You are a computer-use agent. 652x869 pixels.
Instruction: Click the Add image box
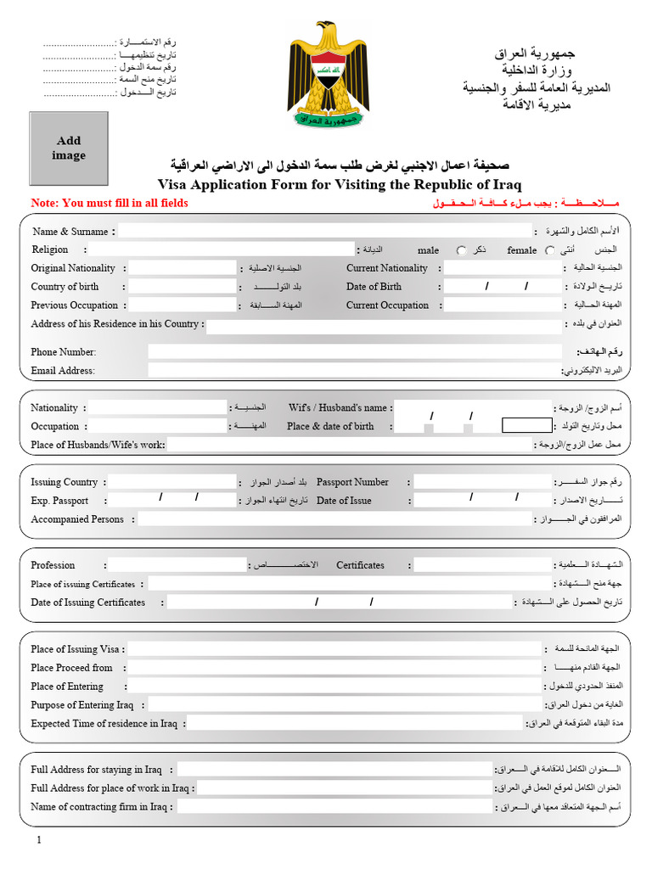(x=69, y=149)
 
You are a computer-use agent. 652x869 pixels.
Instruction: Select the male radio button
(x=461, y=250)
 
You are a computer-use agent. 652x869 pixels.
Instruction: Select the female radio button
(x=550, y=250)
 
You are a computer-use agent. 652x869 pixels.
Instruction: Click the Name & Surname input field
(x=323, y=231)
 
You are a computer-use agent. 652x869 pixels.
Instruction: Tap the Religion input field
(x=221, y=249)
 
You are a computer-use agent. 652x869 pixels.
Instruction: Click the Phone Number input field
(x=355, y=351)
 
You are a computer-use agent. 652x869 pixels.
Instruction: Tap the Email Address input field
(x=355, y=370)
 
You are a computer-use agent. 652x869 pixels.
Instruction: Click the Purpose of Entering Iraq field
(x=344, y=705)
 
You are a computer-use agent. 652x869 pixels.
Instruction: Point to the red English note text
(x=110, y=204)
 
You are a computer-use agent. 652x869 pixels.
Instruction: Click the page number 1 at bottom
(x=39, y=840)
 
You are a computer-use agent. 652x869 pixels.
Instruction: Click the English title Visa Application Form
(x=340, y=184)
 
